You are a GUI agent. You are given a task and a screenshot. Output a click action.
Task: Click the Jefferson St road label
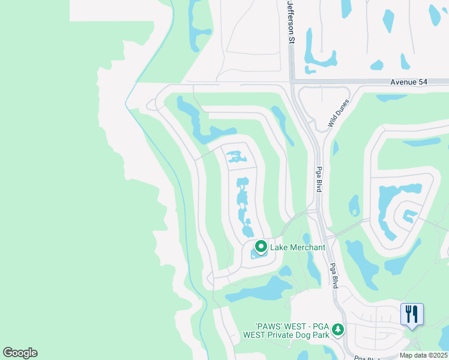[292, 22]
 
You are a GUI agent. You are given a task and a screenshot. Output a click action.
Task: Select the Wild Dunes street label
[338, 114]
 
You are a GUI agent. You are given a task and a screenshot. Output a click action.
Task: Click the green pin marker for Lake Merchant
[261, 247]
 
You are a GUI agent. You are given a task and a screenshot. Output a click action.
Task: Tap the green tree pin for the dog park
[338, 329]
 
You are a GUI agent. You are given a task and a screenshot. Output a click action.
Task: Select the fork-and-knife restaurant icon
[412, 314]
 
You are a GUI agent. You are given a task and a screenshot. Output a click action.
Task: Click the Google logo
[20, 353]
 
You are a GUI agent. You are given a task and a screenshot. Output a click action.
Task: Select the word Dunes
[341, 109]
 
